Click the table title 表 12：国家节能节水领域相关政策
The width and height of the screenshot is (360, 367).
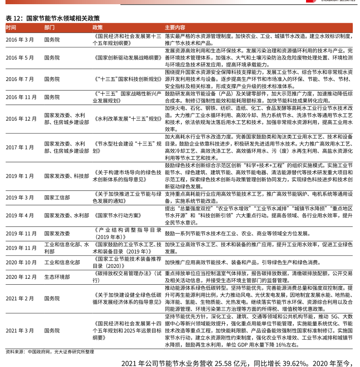tap(53, 18)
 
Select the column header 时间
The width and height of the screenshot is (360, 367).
tap(11, 27)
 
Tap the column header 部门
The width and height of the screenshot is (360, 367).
tap(49, 27)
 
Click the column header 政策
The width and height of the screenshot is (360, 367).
tap(97, 27)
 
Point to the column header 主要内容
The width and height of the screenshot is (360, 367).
tap(175, 27)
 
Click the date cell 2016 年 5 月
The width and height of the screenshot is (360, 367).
tap(20, 57)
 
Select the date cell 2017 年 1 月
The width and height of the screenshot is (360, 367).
tap(20, 148)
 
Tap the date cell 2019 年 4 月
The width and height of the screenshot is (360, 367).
tap(20, 215)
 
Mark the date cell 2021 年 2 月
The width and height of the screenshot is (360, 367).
tap(20, 299)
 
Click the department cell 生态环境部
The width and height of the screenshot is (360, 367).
tap(57, 277)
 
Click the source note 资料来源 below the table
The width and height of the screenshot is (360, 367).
tap(50, 351)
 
